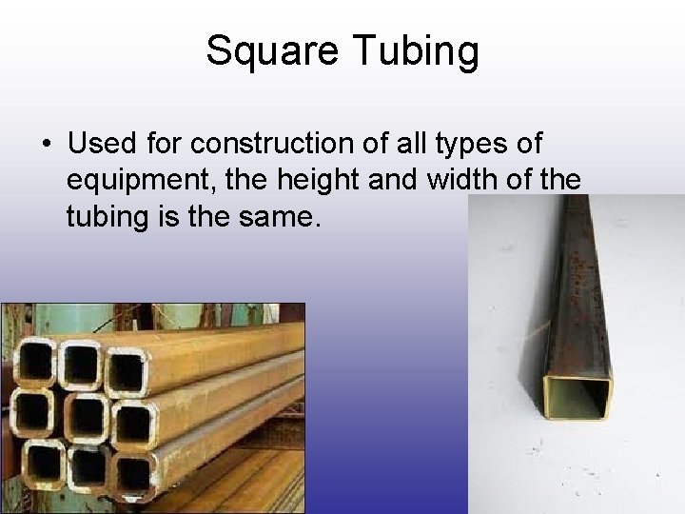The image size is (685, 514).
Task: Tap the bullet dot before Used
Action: pyautogui.click(x=46, y=145)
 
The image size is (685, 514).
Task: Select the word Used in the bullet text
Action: pyautogui.click(x=103, y=144)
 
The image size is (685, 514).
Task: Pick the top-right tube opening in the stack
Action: pyautogui.click(x=127, y=370)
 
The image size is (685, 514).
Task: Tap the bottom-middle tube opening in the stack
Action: pyautogui.click(x=88, y=467)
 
